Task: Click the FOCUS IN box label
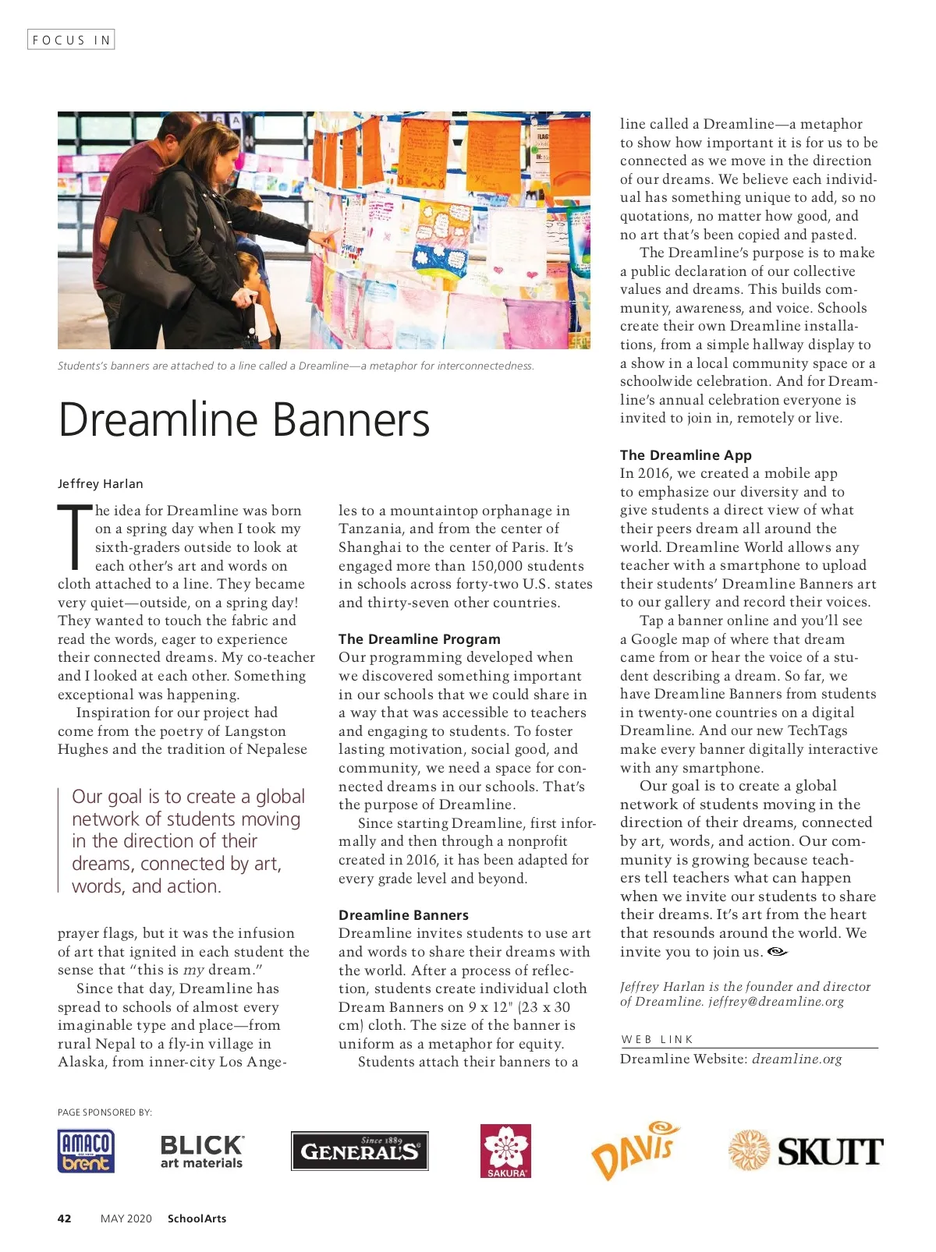pyautogui.click(x=71, y=40)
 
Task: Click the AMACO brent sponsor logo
pyautogui.click(x=86, y=1151)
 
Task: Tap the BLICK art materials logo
pyautogui.click(x=201, y=1151)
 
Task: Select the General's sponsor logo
pyautogui.click(x=360, y=1151)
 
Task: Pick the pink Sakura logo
pyautogui.click(x=505, y=1151)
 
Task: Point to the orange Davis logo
pyautogui.click(x=635, y=1150)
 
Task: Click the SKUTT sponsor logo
pyautogui.click(x=806, y=1151)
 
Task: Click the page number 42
pyautogui.click(x=65, y=1218)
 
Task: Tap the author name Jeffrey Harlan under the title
pyautogui.click(x=101, y=483)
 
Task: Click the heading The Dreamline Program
pyautogui.click(x=420, y=639)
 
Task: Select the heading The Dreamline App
pyautogui.click(x=686, y=455)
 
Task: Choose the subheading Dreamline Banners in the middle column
pyautogui.click(x=403, y=915)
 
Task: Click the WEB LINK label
pyautogui.click(x=657, y=1039)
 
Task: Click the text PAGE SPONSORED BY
pyautogui.click(x=105, y=1112)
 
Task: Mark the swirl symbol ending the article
pyautogui.click(x=778, y=952)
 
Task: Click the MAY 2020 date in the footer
pyautogui.click(x=126, y=1218)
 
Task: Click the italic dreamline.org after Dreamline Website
pyautogui.click(x=797, y=1059)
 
